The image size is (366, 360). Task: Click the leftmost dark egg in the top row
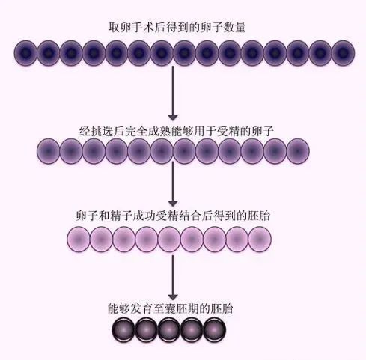pyautogui.click(x=26, y=53)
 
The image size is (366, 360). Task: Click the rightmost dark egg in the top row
pyautogui.click(x=344, y=53)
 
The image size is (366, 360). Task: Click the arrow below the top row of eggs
pyautogui.click(x=173, y=94)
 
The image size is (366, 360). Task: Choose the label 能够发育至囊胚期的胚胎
pyautogui.click(x=173, y=308)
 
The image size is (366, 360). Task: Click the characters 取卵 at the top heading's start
pyautogui.click(x=119, y=28)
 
